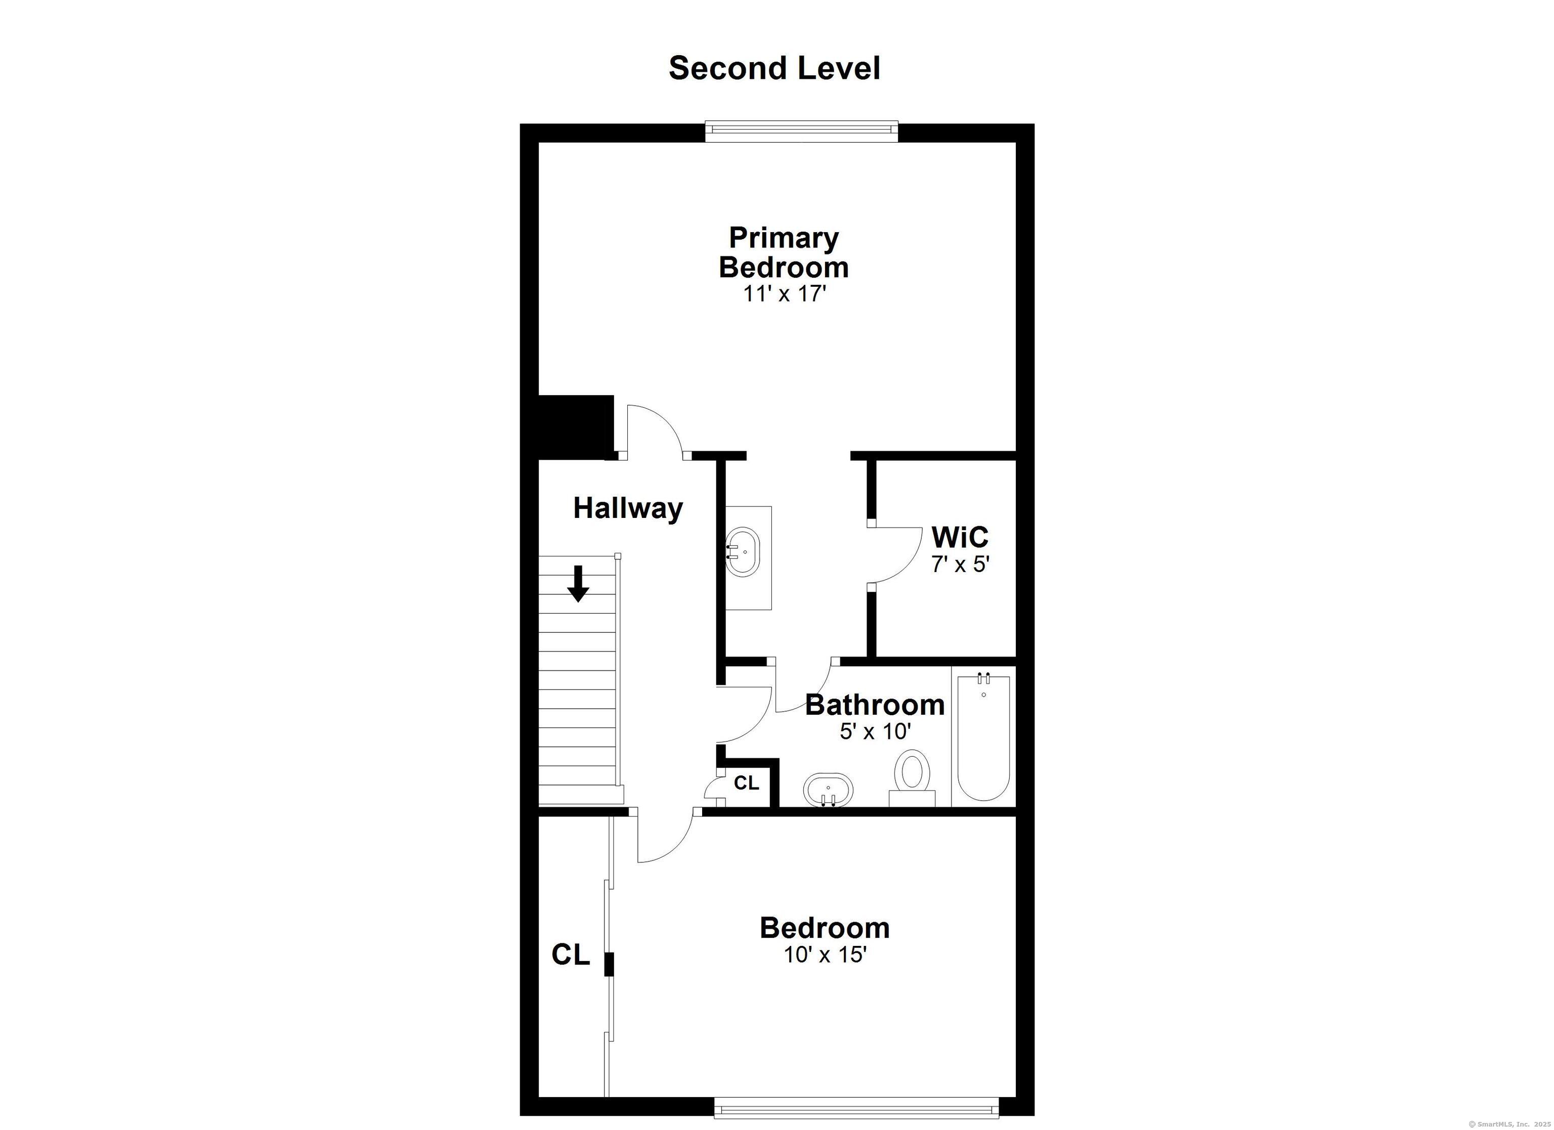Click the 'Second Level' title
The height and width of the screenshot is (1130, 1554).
(774, 68)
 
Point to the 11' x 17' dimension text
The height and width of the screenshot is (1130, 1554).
(785, 294)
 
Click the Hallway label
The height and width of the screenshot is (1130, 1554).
(628, 508)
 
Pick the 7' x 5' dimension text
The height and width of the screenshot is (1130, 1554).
(961, 564)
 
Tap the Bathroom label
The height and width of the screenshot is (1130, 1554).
(874, 705)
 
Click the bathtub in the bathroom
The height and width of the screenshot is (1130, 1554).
(983, 736)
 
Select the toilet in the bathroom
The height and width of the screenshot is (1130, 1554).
(912, 776)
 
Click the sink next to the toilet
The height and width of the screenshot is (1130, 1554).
(829, 790)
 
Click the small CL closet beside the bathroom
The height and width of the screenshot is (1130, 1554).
(746, 783)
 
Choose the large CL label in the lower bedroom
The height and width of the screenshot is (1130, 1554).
(571, 954)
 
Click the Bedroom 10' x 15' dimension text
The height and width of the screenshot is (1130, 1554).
(825, 954)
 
